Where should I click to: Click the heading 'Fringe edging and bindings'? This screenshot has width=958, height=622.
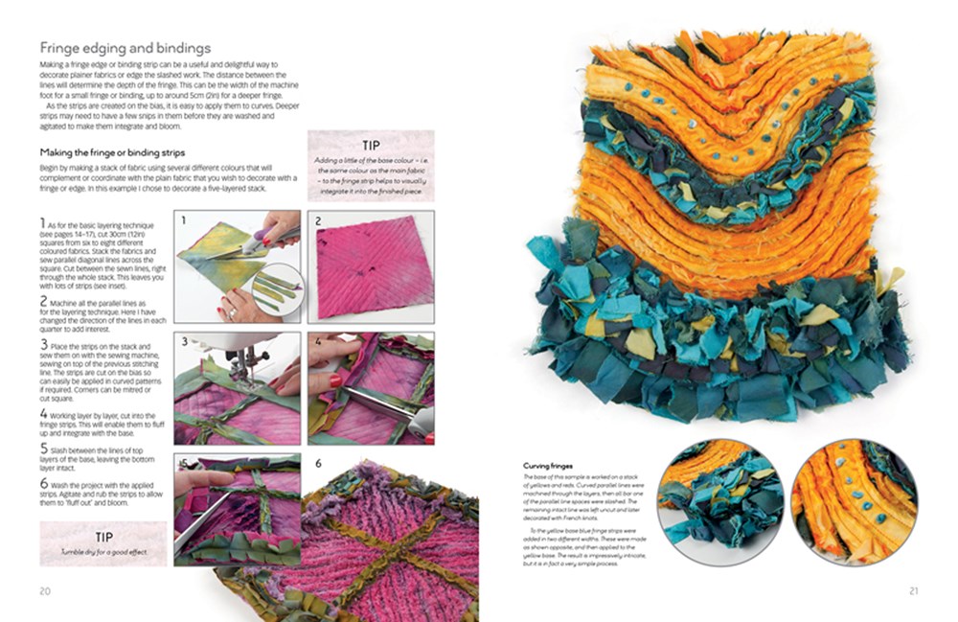click(x=125, y=48)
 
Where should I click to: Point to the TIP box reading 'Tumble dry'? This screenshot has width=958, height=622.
click(x=103, y=543)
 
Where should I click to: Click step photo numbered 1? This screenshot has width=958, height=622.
click(x=237, y=267)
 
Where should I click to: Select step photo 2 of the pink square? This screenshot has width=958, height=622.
click(x=371, y=267)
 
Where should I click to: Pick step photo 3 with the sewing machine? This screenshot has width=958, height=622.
click(x=237, y=387)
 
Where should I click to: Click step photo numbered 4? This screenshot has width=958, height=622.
click(x=371, y=387)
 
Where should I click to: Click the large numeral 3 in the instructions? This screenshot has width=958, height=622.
click(x=44, y=343)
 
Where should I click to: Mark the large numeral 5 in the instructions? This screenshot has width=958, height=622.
click(x=44, y=447)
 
